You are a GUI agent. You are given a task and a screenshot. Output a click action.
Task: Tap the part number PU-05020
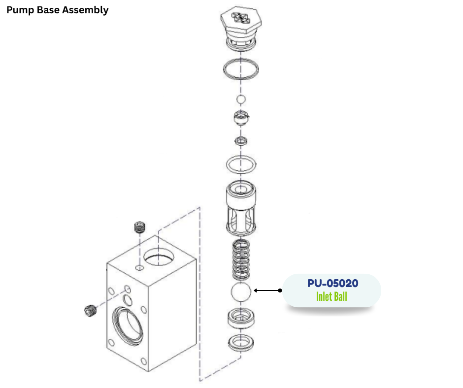coord(332,284)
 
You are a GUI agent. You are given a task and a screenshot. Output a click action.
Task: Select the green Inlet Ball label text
coord(331,297)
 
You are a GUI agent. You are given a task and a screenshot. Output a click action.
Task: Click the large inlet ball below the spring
coord(241,292)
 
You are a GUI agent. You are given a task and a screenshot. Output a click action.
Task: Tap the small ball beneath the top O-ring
coord(240,100)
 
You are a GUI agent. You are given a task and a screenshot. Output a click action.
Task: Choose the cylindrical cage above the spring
coord(241,207)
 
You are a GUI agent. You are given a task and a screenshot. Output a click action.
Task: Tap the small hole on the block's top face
coord(139,267)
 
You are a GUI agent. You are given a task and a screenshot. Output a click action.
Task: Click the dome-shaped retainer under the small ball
coord(240,118)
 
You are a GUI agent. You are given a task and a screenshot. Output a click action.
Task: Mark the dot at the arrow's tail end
coord(280,291)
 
